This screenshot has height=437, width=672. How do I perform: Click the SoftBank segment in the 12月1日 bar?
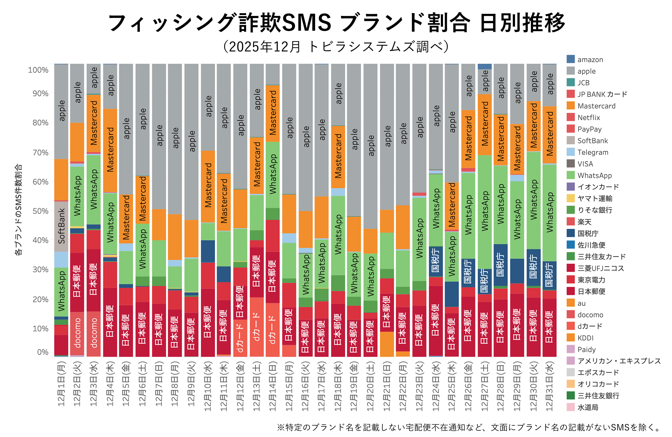pos(61,226)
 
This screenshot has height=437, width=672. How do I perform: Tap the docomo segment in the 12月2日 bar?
pos(77,333)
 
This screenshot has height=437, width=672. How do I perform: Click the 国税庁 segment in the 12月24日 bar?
pos(435,261)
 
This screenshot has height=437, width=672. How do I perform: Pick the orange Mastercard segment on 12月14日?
pos(273,113)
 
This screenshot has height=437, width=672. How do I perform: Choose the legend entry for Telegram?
pos(593,152)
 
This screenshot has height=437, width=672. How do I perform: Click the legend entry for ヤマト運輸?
pos(595,199)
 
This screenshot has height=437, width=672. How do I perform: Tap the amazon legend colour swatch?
pos(571,59)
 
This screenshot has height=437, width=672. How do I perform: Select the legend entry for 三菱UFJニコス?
pos(601,268)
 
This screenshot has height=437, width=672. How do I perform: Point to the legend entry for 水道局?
pos(588,408)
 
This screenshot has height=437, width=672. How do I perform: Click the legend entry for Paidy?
pos(586,350)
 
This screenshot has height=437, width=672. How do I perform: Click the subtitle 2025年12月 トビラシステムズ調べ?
pos(336,47)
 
